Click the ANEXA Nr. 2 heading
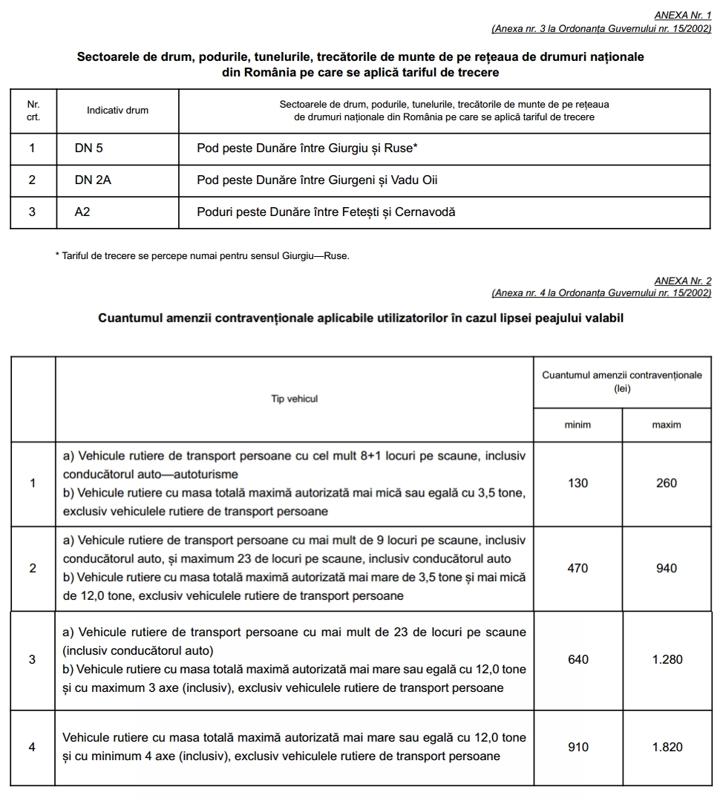pyautogui.click(x=682, y=281)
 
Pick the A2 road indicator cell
pyautogui.click(x=82, y=212)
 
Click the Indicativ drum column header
pyautogui.click(x=117, y=111)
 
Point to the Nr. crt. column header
pyautogui.click(x=33, y=111)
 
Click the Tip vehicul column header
pyautogui.click(x=294, y=399)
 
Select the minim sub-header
pyautogui.click(x=578, y=425)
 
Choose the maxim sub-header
pyautogui.click(x=667, y=425)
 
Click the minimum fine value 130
pyautogui.click(x=578, y=483)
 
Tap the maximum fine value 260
pyautogui.click(x=667, y=483)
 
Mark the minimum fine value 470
pyautogui.click(x=578, y=569)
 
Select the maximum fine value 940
pyautogui.click(x=667, y=569)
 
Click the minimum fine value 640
pyautogui.click(x=578, y=660)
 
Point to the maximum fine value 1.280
pyautogui.click(x=667, y=660)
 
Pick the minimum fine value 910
pyautogui.click(x=578, y=748)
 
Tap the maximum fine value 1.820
pyautogui.click(x=667, y=748)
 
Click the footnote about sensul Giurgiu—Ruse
pyautogui.click(x=202, y=257)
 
